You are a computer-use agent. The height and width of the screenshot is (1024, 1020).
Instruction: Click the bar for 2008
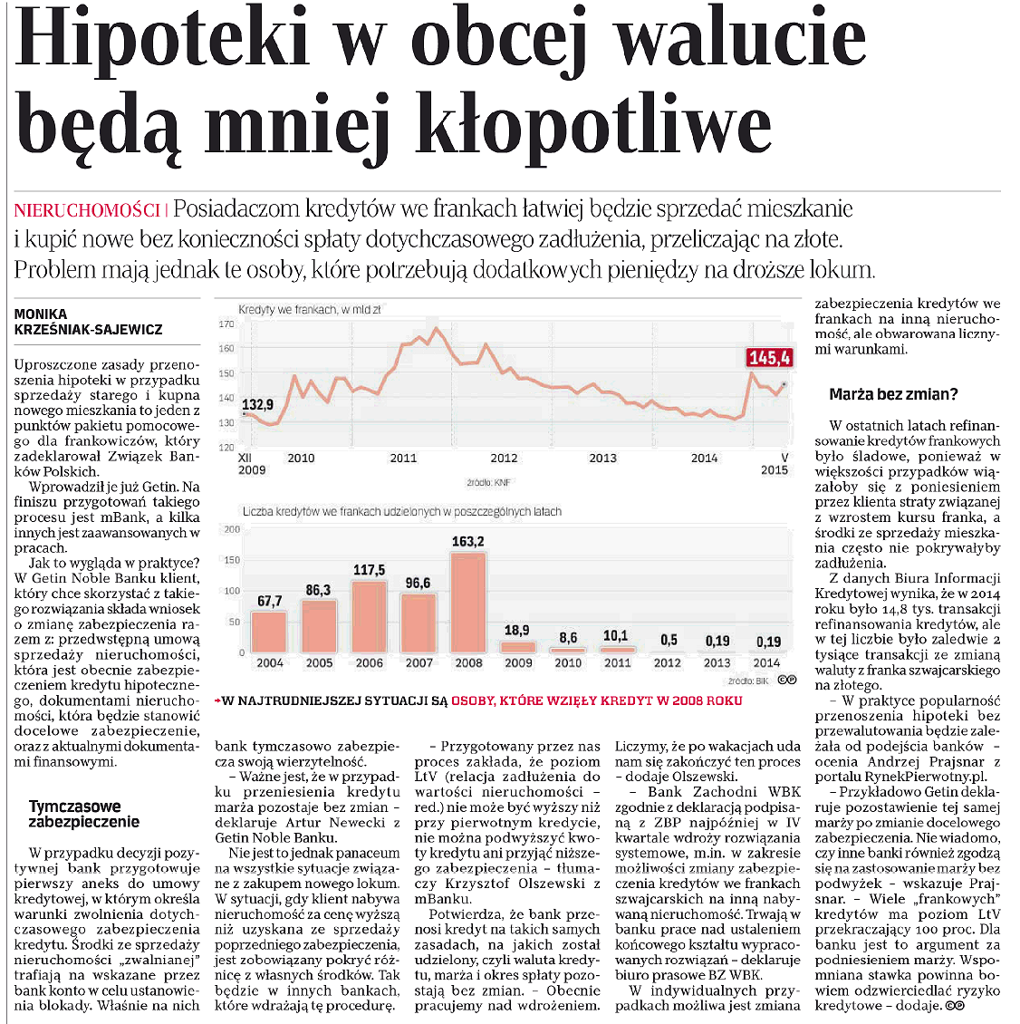tap(468, 602)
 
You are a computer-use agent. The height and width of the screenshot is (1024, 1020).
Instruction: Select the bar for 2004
tap(269, 632)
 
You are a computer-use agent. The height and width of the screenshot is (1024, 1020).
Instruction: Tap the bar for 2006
tap(369, 616)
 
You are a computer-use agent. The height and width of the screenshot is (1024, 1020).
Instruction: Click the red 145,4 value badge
tap(769, 358)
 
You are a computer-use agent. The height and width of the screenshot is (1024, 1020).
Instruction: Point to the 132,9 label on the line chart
tap(257, 404)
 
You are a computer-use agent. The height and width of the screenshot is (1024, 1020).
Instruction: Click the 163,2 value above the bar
tap(468, 542)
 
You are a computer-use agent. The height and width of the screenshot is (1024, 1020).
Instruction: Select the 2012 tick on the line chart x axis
tap(504, 458)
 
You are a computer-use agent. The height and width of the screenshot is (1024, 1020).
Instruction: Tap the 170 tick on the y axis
tap(226, 324)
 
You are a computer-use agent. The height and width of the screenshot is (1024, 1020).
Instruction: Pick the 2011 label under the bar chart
tap(617, 662)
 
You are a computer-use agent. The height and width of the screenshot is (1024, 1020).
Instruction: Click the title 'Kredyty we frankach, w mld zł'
tap(309, 310)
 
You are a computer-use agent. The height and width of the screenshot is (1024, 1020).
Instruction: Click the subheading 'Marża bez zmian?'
tap(892, 394)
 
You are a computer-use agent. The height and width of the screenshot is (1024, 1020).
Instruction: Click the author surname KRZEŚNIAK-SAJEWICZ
tap(89, 330)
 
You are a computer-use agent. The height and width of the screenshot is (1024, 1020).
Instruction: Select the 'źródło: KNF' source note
tap(488, 483)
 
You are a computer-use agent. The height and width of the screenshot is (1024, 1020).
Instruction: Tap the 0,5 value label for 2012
tap(669, 640)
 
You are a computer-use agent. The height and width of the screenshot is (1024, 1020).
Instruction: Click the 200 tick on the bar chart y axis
tap(232, 529)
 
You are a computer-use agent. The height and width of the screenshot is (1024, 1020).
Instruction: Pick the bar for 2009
tap(518, 647)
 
